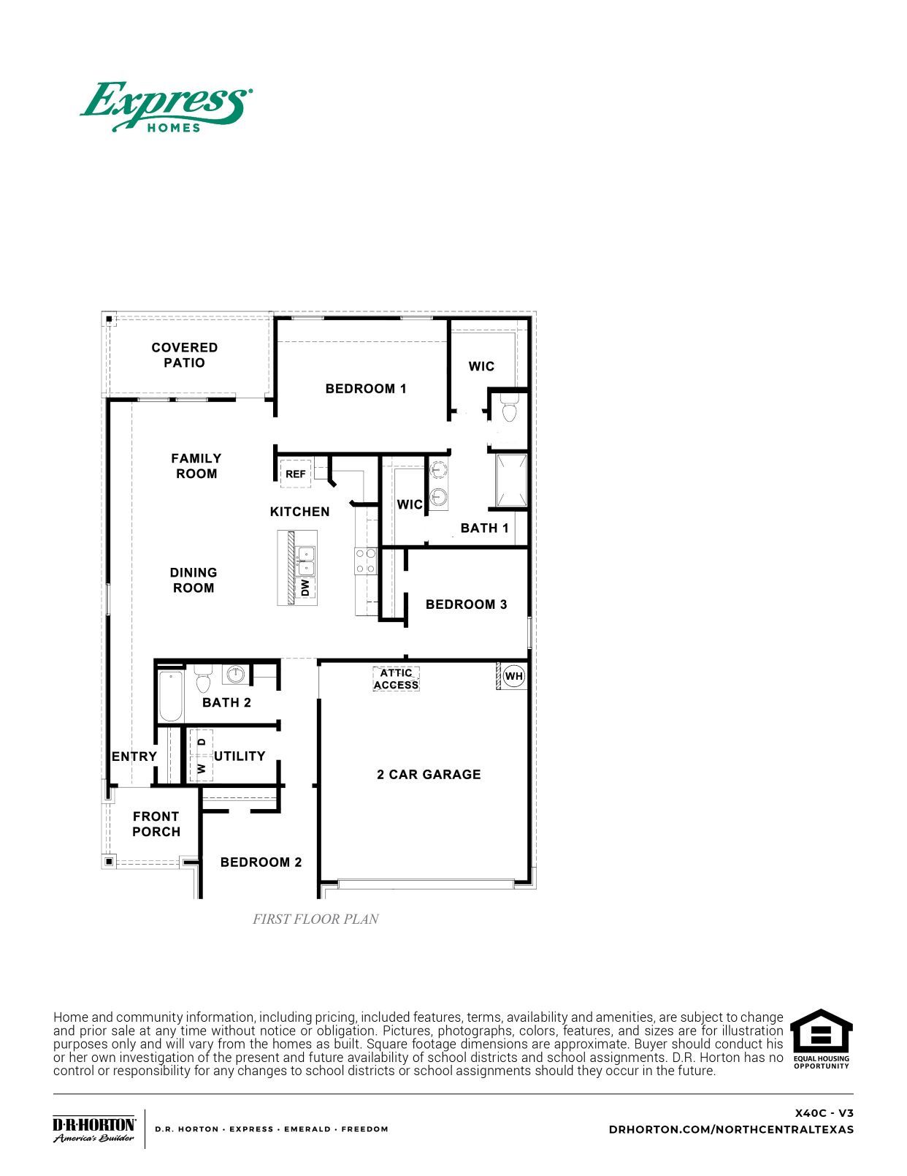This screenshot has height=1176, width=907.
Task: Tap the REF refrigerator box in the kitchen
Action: (295, 474)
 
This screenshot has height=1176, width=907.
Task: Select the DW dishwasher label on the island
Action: (305, 587)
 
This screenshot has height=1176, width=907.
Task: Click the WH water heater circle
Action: (514, 676)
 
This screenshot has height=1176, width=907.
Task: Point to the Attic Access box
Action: (396, 679)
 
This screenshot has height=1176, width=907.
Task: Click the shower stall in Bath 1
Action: (511, 480)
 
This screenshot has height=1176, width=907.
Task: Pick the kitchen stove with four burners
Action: (366, 561)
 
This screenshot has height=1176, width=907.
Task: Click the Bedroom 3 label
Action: (466, 604)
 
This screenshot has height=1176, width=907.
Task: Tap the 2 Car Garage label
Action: (429, 774)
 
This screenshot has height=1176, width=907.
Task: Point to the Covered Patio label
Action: (185, 355)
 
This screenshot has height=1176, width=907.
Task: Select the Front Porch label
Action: (156, 824)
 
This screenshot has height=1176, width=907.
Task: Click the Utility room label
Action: (240, 756)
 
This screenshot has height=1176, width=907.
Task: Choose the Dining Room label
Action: (194, 580)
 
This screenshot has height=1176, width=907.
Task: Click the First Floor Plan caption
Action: (315, 919)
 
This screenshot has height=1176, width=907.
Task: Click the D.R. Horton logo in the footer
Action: (94, 1128)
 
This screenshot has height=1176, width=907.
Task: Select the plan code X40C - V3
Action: (824, 1113)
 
